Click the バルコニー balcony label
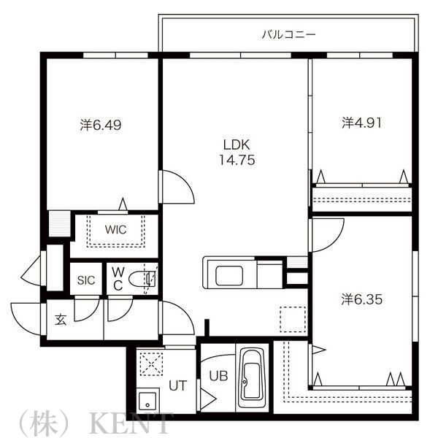(x=290, y=34)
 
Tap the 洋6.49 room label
(x=101, y=125)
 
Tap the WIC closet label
(x=115, y=229)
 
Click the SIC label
(x=87, y=280)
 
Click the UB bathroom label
(x=218, y=377)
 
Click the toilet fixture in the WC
(x=148, y=278)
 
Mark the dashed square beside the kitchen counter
(x=293, y=319)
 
